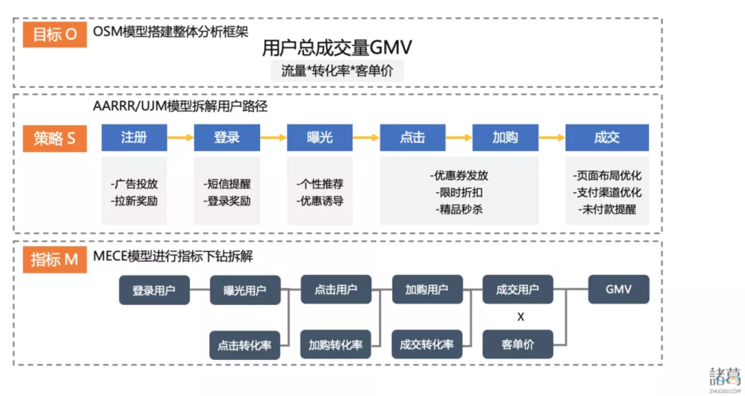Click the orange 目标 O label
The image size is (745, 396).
(55, 34)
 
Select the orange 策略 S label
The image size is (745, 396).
(55, 138)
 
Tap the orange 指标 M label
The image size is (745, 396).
(55, 260)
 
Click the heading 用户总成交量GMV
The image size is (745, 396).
(337, 48)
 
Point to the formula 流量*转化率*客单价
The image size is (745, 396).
(337, 71)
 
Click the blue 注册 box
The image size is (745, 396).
(134, 137)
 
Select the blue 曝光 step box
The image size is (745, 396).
(320, 137)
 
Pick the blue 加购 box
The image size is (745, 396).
(505, 137)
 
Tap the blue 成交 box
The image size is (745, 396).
(607, 137)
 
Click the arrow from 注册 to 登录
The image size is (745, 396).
(181, 137)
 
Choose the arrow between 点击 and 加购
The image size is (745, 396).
(459, 137)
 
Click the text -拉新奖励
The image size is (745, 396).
(134, 201)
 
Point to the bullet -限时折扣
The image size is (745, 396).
(459, 192)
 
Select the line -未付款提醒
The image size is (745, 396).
(607, 209)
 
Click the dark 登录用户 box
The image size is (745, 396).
(154, 290)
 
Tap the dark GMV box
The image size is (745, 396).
(619, 289)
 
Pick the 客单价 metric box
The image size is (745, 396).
(518, 344)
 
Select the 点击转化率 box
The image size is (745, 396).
(245, 345)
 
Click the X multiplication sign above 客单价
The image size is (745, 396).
(521, 317)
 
